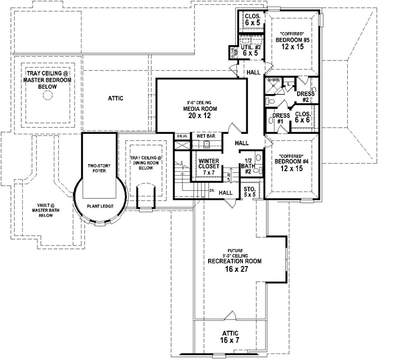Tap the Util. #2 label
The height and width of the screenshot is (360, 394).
251,50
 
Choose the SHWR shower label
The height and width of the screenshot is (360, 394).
273,80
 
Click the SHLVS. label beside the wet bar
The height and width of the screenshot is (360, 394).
182,136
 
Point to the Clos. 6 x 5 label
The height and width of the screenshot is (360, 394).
253,20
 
